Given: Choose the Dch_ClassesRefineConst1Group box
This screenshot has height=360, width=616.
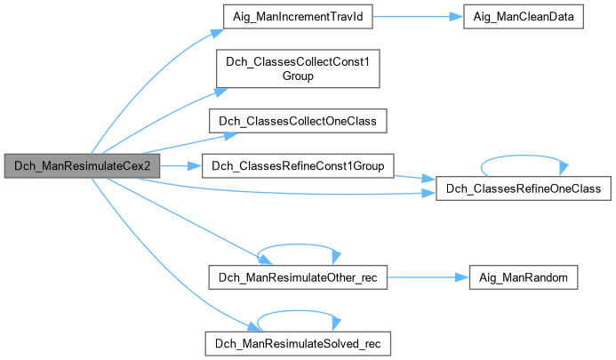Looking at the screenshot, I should coord(298,166).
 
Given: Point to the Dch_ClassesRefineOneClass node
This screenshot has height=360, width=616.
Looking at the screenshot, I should coord(523,188).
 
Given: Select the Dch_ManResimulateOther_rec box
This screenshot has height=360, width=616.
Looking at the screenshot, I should coord(298,277).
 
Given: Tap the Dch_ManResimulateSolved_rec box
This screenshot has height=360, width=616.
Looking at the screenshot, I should coord(298,341).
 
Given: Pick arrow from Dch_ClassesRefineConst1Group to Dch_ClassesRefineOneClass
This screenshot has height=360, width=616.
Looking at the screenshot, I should coord(414,177).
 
